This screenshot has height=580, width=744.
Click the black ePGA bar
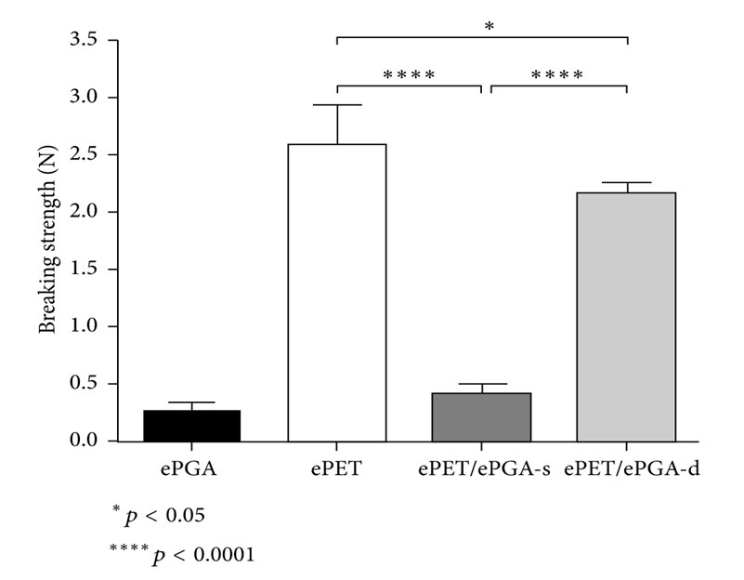pos(191,426)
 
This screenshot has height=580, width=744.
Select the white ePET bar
pos(336,293)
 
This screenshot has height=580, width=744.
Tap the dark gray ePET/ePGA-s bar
pos(481,417)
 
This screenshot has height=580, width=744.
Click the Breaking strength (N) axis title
pos(45,241)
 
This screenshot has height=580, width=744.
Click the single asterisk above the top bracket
pos(489,27)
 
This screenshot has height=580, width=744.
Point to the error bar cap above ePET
pos(336,105)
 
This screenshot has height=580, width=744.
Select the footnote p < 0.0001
pos(182,553)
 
